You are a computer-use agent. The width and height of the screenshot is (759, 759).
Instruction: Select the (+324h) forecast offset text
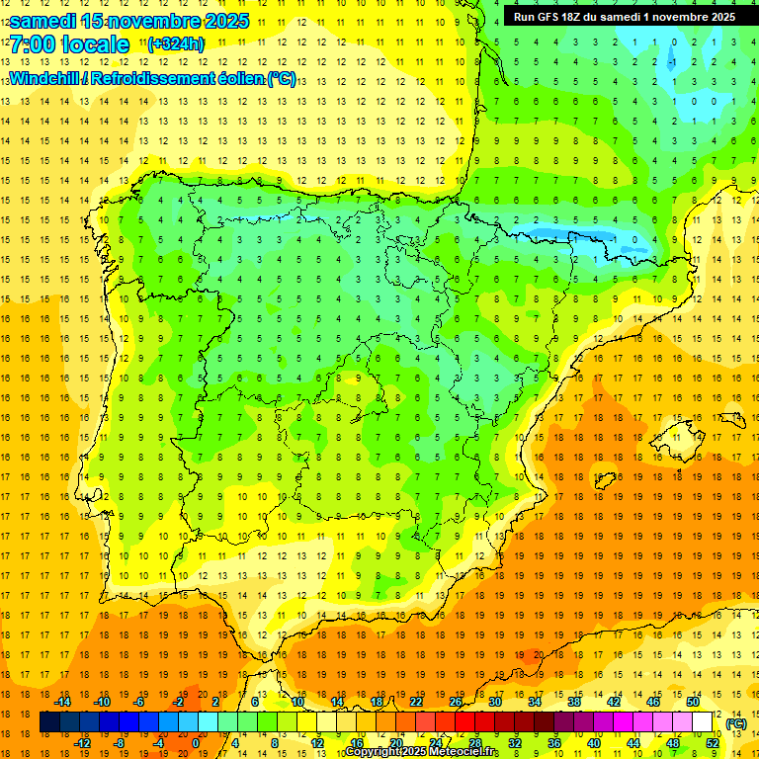coord(176,44)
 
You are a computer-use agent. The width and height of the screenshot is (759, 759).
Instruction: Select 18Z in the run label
coord(576,17)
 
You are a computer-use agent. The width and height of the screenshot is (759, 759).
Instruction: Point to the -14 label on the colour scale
coord(63,702)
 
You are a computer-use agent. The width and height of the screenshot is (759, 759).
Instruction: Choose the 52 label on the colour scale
coord(713,743)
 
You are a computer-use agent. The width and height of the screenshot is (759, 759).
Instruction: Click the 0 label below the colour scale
coord(195,743)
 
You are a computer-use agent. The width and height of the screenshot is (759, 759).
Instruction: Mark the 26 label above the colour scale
coord(456,702)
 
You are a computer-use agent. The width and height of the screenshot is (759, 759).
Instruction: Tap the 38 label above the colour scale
coord(573,702)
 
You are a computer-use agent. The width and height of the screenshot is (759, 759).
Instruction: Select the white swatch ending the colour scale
coord(702,722)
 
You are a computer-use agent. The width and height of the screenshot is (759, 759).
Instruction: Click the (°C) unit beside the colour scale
coord(736,723)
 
